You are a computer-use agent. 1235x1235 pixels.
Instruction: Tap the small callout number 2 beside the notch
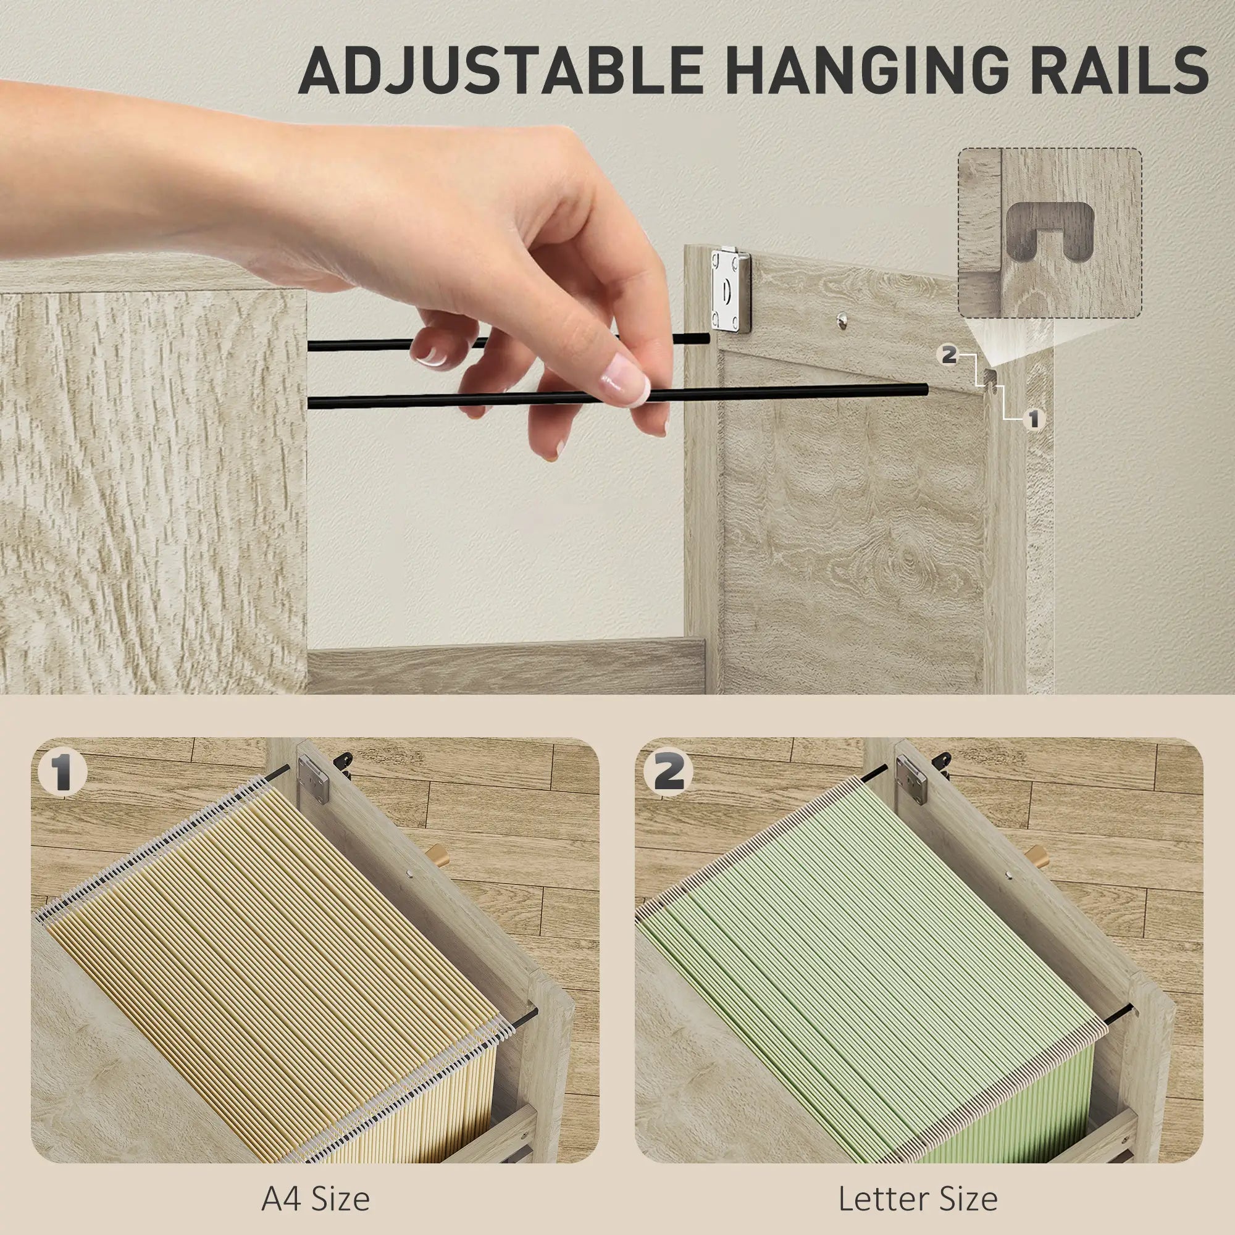[x=948, y=356]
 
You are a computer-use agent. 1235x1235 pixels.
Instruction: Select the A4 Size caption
[x=315, y=1199]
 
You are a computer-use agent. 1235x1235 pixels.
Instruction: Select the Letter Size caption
[x=918, y=1199]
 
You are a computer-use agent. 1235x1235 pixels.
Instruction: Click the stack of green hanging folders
[x=876, y=959]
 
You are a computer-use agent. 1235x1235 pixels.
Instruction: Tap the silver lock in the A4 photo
[x=314, y=778]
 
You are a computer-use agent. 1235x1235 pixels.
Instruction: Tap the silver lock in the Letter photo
[x=910, y=778]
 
